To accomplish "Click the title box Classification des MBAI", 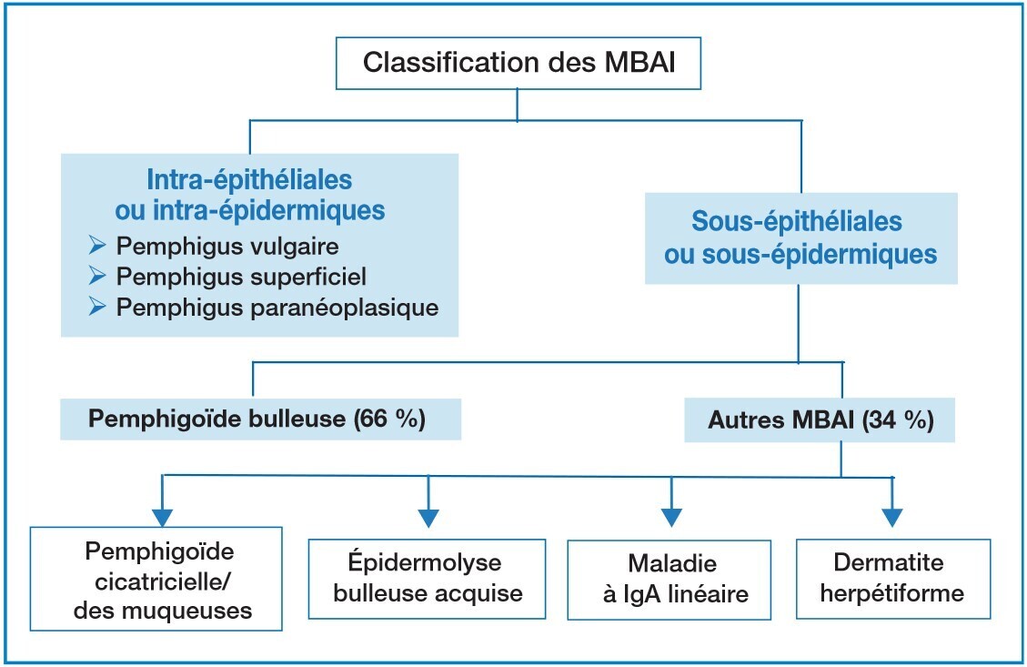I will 518,64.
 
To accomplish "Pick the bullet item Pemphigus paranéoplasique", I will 277,308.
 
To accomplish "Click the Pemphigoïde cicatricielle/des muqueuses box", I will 155,579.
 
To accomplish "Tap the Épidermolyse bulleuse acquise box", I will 428,579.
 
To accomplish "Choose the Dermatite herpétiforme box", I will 892,579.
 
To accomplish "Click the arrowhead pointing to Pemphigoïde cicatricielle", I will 162,516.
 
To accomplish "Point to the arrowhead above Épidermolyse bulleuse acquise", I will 428,516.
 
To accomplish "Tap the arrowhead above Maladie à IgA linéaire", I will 671,516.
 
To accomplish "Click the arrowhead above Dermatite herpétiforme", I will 892,516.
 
